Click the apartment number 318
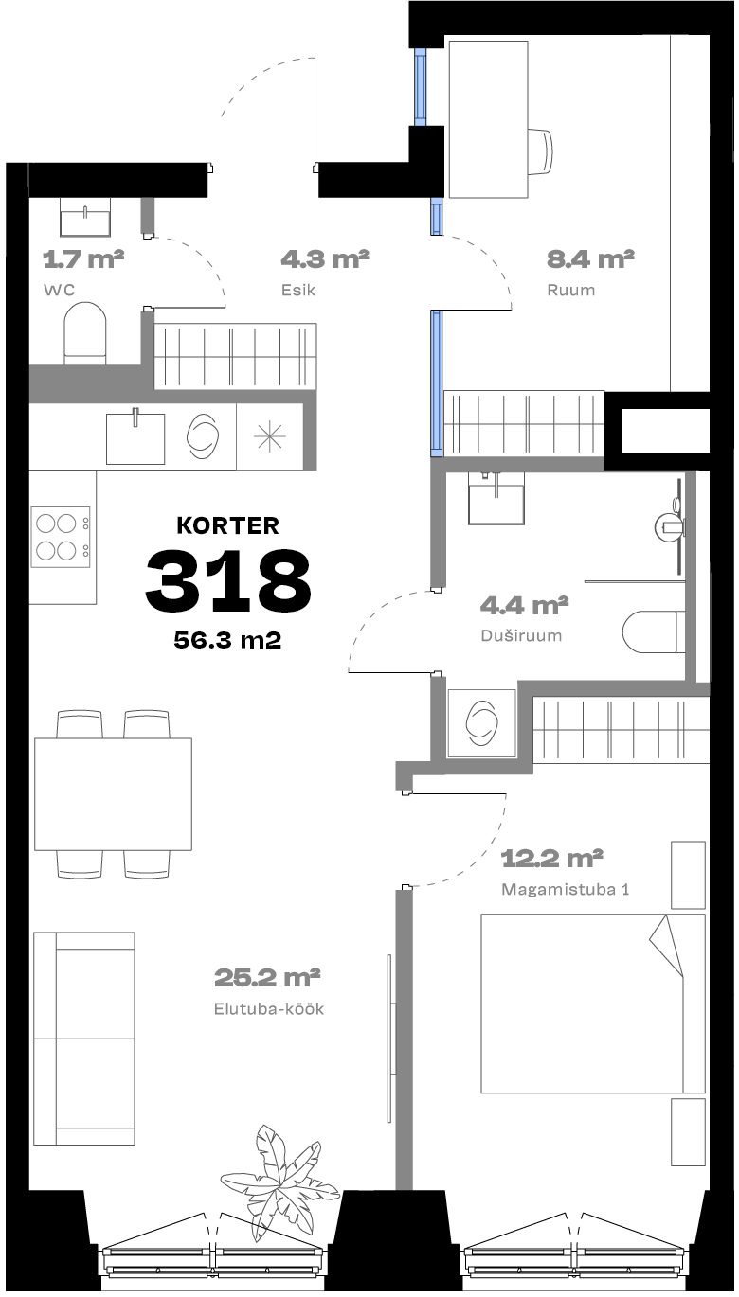(227, 580)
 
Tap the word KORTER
(227, 525)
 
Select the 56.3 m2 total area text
(227, 640)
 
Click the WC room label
(60, 290)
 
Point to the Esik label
(298, 290)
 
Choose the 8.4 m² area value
(590, 258)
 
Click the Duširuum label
(522, 635)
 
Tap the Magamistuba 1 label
(565, 889)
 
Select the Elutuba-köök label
(269, 1008)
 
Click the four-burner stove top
(61, 537)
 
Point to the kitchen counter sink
(135, 437)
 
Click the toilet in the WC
(85, 333)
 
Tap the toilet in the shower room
(650, 632)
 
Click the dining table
(113, 794)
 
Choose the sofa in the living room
(84, 1039)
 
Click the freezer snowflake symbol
(269, 436)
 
